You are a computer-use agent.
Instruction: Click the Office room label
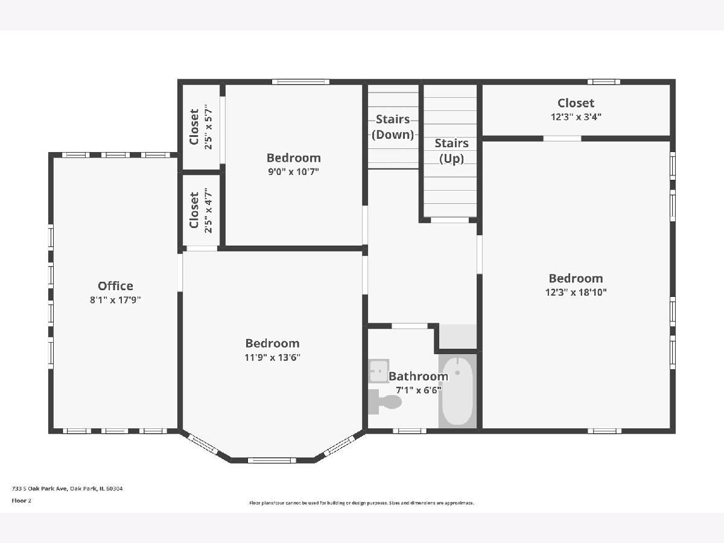[115, 285]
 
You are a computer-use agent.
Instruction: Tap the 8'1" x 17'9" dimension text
[115, 300]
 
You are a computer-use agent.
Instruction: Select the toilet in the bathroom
[384, 402]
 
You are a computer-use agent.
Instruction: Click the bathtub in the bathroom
[457, 392]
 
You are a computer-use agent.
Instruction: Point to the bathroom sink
[378, 371]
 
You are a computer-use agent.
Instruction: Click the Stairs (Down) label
[393, 127]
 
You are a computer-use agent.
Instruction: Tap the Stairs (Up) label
[451, 151]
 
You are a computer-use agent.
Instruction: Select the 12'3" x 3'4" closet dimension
[576, 116]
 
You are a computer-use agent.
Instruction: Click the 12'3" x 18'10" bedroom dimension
[576, 292]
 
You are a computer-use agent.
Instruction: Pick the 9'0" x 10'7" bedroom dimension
[294, 171]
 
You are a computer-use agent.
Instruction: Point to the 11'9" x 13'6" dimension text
[273, 357]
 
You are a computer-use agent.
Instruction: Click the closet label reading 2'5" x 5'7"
[208, 127]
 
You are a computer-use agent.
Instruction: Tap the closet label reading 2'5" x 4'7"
[208, 211]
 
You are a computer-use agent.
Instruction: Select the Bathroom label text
[418, 376]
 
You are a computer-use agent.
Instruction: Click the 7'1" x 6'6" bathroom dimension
[418, 390]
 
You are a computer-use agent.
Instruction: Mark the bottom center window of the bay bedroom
[271, 460]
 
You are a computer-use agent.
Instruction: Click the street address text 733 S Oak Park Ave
[39, 488]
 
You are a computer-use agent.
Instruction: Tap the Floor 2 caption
[22, 501]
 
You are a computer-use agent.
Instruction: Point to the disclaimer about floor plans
[361, 503]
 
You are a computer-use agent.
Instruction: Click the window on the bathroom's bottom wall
[410, 431]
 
